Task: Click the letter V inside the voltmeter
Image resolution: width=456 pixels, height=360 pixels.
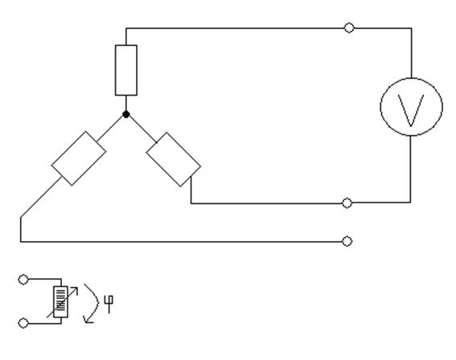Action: click(411, 110)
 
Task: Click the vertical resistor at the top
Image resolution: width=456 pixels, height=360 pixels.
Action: click(126, 70)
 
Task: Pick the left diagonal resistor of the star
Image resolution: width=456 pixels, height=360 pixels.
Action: click(79, 158)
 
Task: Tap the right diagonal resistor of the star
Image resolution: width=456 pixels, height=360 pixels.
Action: click(174, 160)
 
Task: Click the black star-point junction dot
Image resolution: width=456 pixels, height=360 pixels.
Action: click(126, 114)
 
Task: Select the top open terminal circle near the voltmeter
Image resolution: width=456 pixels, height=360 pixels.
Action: click(349, 28)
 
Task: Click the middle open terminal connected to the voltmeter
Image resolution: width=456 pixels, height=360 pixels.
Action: click(347, 202)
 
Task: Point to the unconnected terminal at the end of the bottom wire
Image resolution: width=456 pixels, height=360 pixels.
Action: click(347, 241)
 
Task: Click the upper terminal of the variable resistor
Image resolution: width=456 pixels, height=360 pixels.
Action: click(23, 280)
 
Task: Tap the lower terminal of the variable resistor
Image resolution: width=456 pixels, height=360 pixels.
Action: click(23, 323)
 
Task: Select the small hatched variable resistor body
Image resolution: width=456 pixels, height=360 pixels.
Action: click(60, 302)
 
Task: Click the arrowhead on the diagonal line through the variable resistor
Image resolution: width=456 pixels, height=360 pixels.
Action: click(76, 289)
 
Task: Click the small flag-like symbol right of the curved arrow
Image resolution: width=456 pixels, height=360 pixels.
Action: click(109, 305)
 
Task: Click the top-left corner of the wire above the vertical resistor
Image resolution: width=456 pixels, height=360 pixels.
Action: click(126, 28)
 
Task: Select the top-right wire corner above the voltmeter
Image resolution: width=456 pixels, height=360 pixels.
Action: click(411, 28)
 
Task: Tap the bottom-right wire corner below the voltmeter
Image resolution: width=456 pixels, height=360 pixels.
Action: click(411, 202)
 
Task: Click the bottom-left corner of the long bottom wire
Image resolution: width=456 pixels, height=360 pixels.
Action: click(21, 241)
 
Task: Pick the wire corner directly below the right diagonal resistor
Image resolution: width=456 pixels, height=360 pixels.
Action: click(191, 203)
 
